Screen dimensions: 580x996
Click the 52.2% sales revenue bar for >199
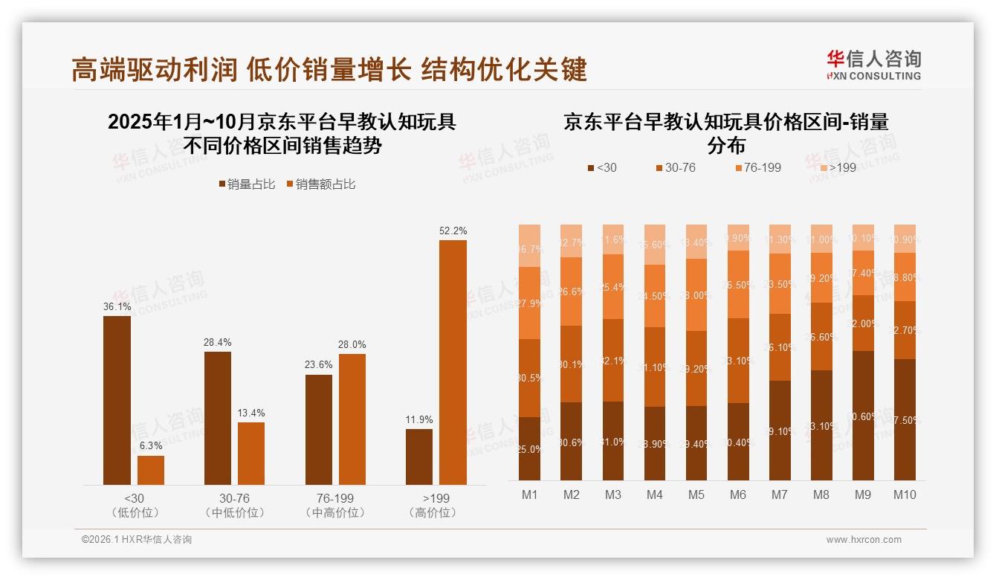pyautogui.click(x=453, y=362)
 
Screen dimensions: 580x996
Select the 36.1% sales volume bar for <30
pyautogui.click(x=117, y=400)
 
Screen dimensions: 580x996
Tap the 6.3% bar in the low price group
pyautogui.click(x=151, y=470)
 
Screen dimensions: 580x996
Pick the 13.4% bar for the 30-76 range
pyautogui.click(x=251, y=454)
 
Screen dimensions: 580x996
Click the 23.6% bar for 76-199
pyautogui.click(x=319, y=430)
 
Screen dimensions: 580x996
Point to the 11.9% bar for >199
pyautogui.click(x=419, y=457)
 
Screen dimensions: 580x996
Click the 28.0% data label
pyautogui.click(x=352, y=344)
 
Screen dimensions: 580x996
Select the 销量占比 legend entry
pyautogui.click(x=248, y=184)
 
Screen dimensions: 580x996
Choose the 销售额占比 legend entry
pyautogui.click(x=320, y=184)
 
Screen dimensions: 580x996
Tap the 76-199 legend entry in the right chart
pyautogui.click(x=758, y=167)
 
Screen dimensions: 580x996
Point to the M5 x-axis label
pyautogui.click(x=696, y=494)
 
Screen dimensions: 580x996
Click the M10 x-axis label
pyautogui.click(x=905, y=494)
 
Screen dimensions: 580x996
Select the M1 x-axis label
pyautogui.click(x=529, y=494)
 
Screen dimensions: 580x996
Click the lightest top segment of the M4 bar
pyautogui.click(x=655, y=244)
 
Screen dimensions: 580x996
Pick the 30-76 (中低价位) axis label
pyautogui.click(x=234, y=505)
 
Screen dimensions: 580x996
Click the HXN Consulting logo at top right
pyautogui.click(x=873, y=65)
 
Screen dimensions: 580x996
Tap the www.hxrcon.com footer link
pyautogui.click(x=864, y=540)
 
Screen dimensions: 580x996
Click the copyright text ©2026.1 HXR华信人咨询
pyautogui.click(x=137, y=540)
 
